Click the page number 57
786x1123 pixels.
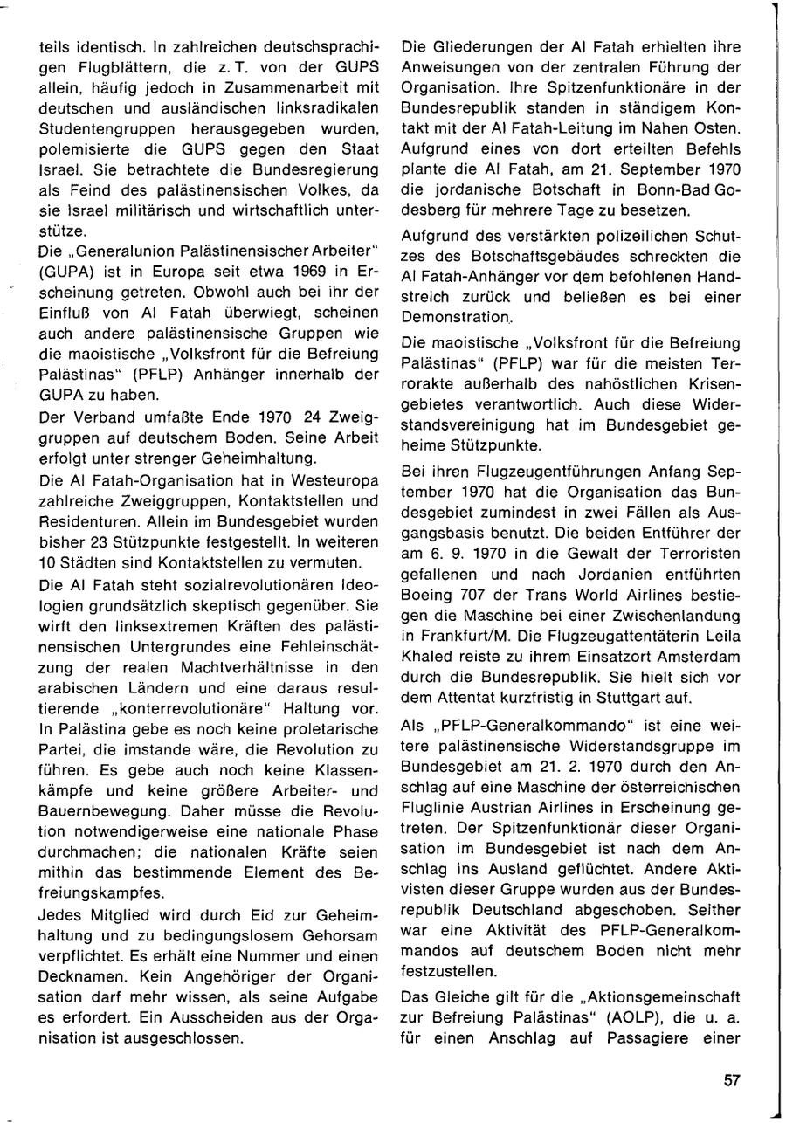coord(732,1080)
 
